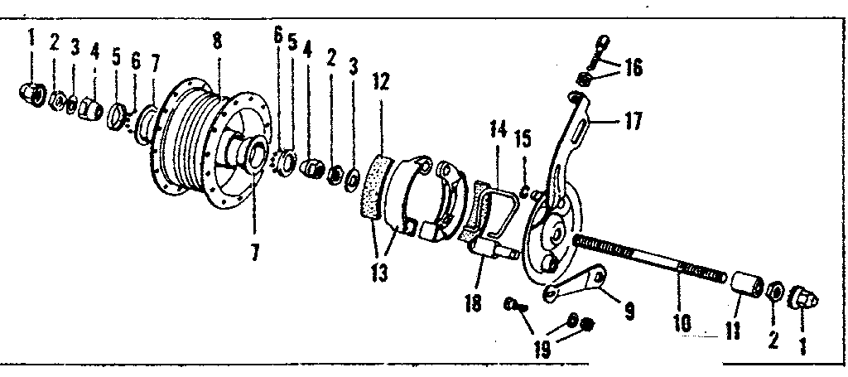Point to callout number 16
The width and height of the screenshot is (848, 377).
[634, 66]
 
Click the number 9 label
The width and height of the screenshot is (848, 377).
[629, 311]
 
